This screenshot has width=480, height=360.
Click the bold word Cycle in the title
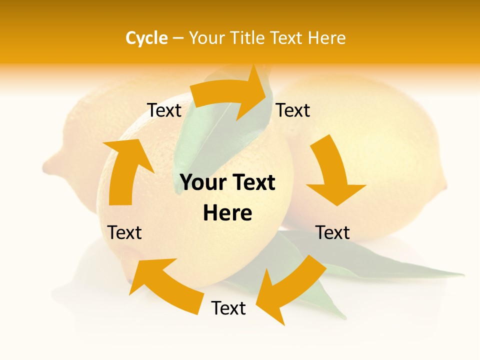[146, 38]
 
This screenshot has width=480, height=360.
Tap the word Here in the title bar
[327, 38]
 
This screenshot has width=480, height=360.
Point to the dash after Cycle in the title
[178, 38]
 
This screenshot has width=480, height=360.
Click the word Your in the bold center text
[200, 183]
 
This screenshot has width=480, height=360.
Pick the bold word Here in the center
[227, 213]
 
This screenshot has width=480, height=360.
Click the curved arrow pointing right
[230, 95]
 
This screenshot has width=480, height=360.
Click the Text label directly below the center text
[228, 308]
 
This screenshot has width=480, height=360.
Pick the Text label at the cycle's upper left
[164, 110]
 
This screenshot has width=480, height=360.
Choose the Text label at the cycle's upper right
[293, 110]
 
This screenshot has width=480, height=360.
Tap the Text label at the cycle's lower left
[124, 232]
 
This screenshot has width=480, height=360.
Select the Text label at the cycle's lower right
[332, 232]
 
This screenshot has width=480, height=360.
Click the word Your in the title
[207, 38]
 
